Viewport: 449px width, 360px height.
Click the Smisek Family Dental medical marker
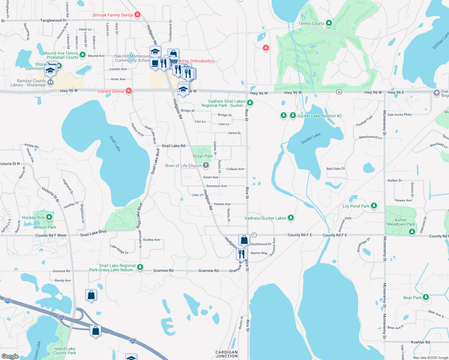click(x=137, y=14)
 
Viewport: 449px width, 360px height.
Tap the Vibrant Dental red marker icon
click(x=129, y=91)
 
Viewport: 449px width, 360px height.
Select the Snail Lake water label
click(x=115, y=143)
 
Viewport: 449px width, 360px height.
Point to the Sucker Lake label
click(x=311, y=138)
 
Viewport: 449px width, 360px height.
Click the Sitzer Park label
click(x=203, y=156)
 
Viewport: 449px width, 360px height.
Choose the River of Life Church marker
click(x=206, y=165)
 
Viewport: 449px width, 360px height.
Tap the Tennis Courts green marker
click(x=329, y=23)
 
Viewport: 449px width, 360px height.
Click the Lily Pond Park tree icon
click(x=374, y=205)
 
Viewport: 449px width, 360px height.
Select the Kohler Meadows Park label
click(x=401, y=222)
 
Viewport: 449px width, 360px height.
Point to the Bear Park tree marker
click(x=426, y=297)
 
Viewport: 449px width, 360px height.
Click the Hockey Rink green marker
click(x=49, y=217)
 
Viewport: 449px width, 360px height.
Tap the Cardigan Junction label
click(x=227, y=354)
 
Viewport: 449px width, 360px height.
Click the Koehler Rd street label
click(x=420, y=342)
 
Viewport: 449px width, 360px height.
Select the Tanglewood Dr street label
click(x=53, y=20)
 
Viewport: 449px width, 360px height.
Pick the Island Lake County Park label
click(x=65, y=351)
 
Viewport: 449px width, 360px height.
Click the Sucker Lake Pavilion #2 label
click(x=319, y=116)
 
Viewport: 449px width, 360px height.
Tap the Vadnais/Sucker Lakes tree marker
click(x=291, y=217)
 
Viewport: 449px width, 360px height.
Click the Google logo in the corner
click(x=10, y=356)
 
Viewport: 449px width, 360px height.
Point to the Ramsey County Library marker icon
click(x=50, y=82)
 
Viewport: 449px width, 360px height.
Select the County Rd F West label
click(x=51, y=235)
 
